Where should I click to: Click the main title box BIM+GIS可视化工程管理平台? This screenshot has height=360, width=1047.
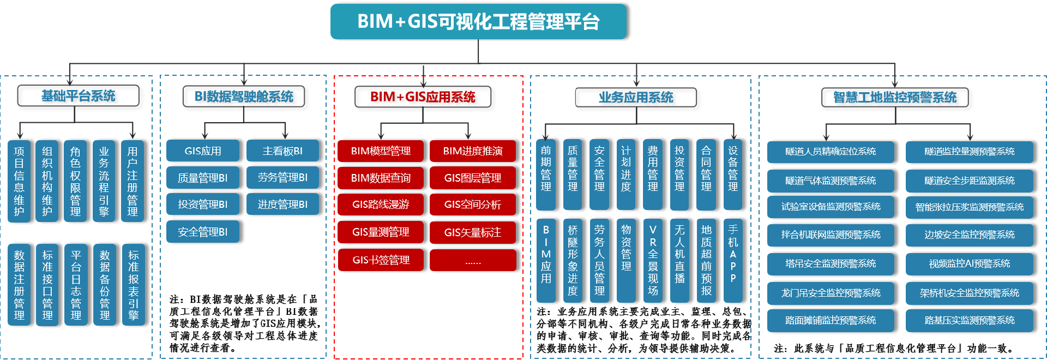coord(478,22)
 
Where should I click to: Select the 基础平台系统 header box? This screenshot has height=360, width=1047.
coord(78,96)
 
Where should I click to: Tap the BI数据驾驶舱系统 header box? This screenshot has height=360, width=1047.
coord(244,97)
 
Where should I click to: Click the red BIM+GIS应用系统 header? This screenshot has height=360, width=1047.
coord(423,97)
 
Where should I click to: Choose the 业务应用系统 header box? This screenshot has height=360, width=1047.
coord(636,98)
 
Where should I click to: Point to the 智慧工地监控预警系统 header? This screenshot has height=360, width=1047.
coord(895,98)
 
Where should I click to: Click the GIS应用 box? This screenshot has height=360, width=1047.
coord(203,151)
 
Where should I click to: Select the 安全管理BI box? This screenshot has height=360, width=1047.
coord(203,232)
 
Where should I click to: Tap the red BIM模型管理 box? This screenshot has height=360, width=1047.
coord(381,151)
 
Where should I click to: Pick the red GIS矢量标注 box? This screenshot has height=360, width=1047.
coord(473,232)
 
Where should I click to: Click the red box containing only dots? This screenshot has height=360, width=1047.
coord(473,260)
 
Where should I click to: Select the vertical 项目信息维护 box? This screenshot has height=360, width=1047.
coord(19,181)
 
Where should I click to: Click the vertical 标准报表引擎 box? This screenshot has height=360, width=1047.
coord(134,285)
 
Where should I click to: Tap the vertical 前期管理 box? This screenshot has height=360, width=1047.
coord(546,175)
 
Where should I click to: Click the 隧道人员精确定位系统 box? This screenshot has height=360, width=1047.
coord(831,152)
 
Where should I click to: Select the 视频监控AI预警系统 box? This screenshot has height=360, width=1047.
coord(970,264)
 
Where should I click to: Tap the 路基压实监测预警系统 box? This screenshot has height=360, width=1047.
coord(970,321)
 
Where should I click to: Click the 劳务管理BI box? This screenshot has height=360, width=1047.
coord(282,178)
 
